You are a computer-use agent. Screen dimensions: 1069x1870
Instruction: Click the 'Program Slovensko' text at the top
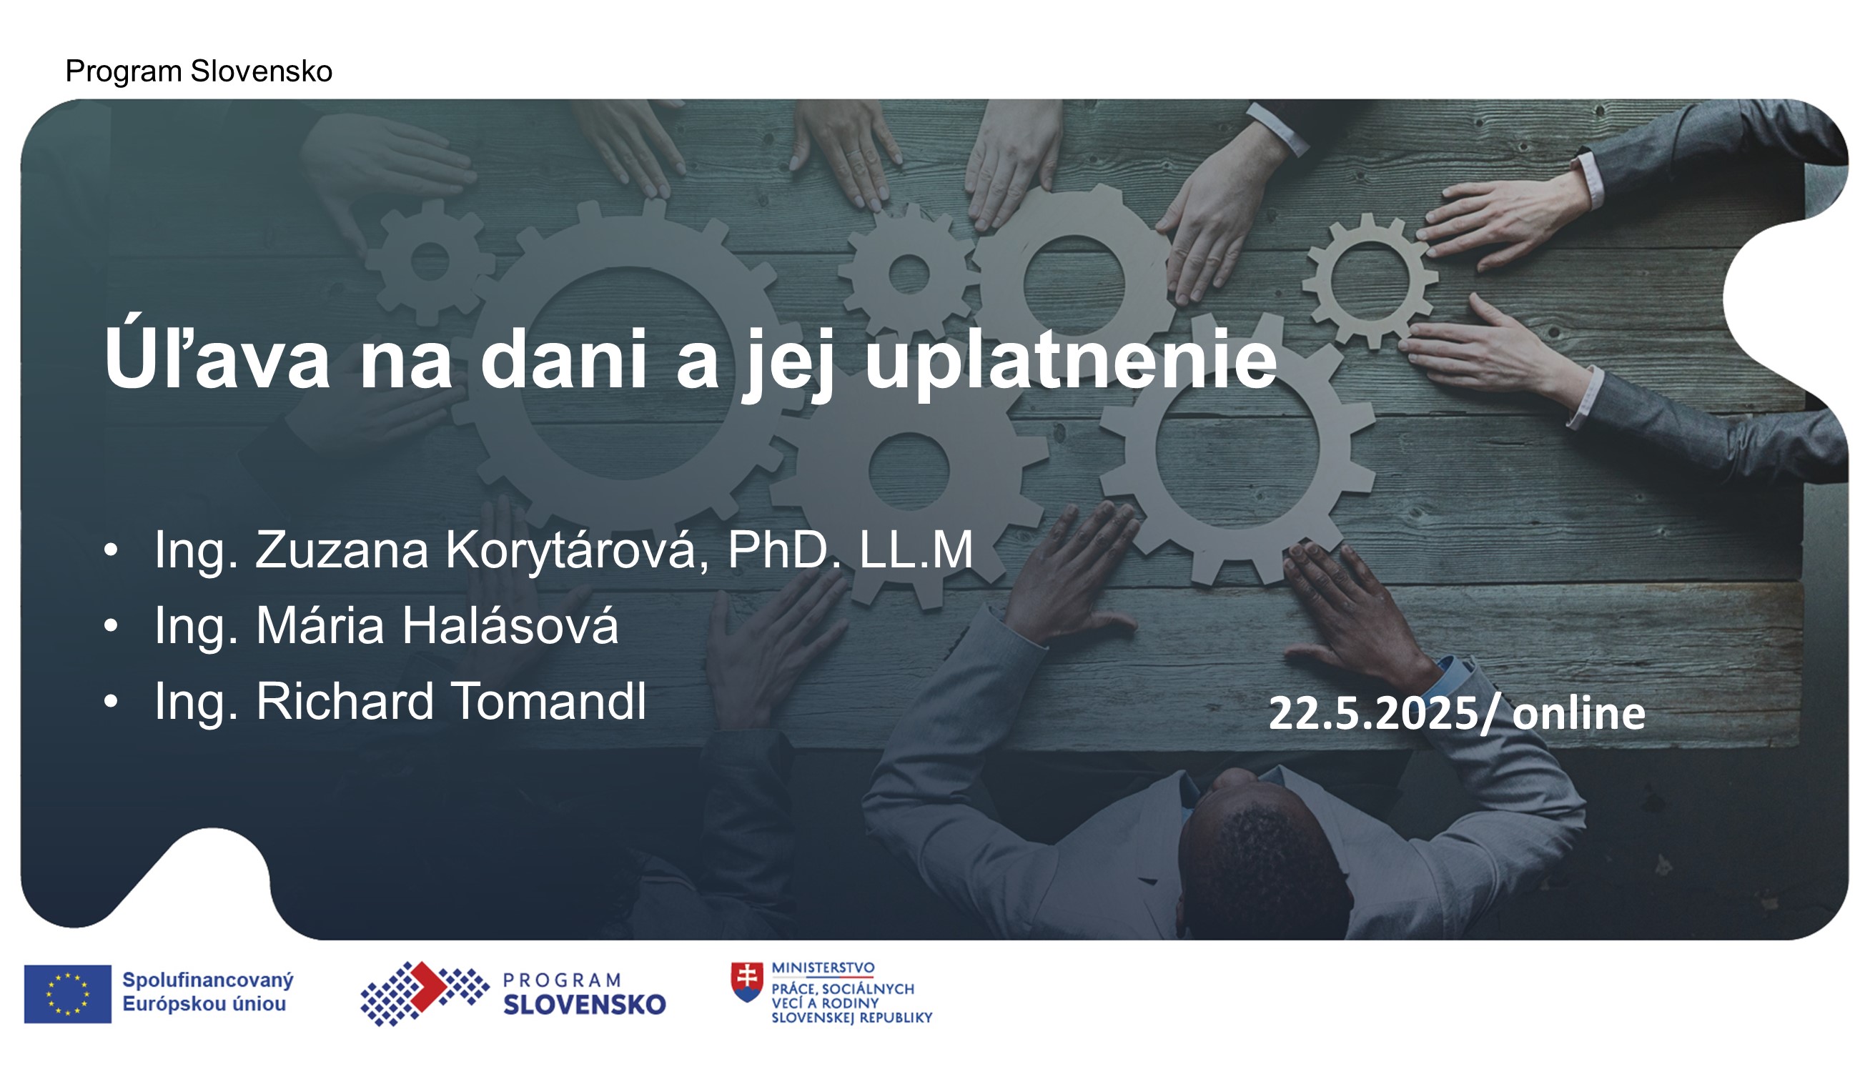coord(198,71)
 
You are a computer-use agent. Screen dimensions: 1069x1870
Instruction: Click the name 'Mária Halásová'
coord(437,625)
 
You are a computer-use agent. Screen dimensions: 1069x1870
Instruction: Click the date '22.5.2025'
coord(1373,713)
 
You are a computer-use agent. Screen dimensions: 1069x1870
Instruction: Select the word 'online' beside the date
coord(1578,714)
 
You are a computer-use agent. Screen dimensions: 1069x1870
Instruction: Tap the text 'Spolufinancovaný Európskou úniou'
coord(207,992)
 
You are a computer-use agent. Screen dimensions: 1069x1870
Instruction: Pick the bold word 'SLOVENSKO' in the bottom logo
coord(585,1005)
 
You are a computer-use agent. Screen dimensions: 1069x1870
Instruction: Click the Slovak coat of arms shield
coord(747,983)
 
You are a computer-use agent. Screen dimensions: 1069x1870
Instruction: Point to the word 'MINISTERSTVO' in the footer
coord(823,968)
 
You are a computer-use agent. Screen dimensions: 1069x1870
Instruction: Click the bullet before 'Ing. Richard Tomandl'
coord(111,701)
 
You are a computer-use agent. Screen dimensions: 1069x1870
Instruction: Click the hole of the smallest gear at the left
coord(430,260)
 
